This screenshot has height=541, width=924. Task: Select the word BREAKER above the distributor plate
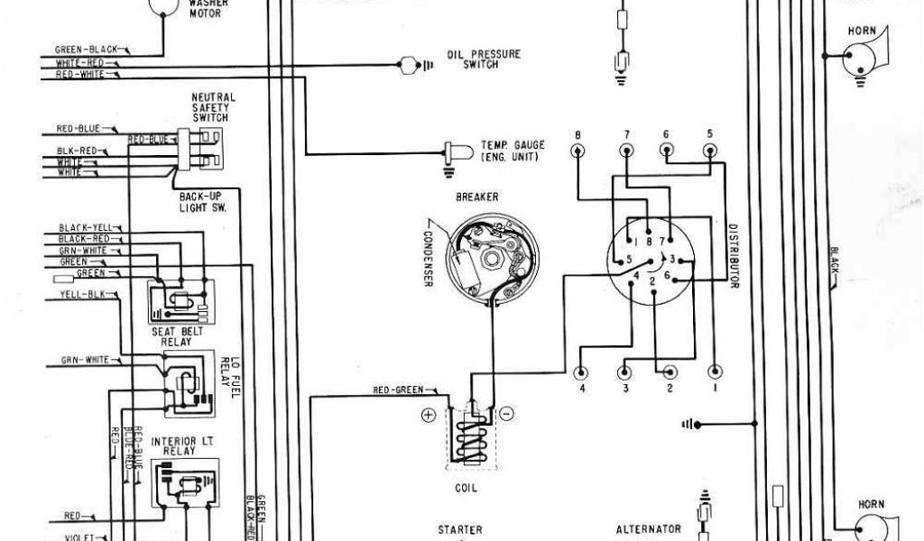pos(477,197)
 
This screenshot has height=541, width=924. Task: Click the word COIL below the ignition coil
pos(467,488)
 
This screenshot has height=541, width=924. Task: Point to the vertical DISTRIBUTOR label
pos(734,256)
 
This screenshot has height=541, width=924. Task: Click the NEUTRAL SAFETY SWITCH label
pos(213,107)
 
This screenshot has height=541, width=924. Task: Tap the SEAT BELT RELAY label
pos(177,337)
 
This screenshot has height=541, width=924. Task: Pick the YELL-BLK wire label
pos(81,294)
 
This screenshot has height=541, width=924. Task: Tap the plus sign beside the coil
pos(428,414)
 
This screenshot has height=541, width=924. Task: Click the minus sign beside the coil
pos(507,414)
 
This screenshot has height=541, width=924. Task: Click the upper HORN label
pos(862,32)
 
